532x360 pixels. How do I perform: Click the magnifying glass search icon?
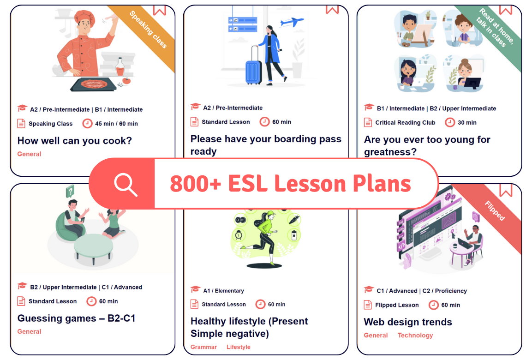pyautogui.click(x=126, y=185)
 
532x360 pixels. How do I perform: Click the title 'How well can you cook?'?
pyautogui.click(x=75, y=140)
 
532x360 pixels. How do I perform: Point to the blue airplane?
pyautogui.click(x=292, y=22)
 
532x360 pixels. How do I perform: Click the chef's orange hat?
pyautogui.click(x=85, y=15)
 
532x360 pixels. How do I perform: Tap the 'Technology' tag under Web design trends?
pyautogui.click(x=415, y=335)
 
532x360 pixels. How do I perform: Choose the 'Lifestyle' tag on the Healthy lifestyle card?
pyautogui.click(x=239, y=347)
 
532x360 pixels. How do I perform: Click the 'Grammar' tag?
pyautogui.click(x=203, y=347)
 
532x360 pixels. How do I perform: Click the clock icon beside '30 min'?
pyautogui.click(x=450, y=122)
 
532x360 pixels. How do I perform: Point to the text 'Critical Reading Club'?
pyautogui.click(x=405, y=122)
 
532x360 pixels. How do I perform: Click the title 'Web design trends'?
pyautogui.click(x=408, y=322)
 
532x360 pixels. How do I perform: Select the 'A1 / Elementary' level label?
pyautogui.click(x=224, y=291)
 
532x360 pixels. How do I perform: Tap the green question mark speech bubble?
pyautogui.click(x=70, y=192)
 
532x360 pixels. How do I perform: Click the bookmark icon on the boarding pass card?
pyautogui.click(x=332, y=9)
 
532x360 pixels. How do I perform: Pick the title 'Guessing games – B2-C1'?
pyautogui.click(x=76, y=318)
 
